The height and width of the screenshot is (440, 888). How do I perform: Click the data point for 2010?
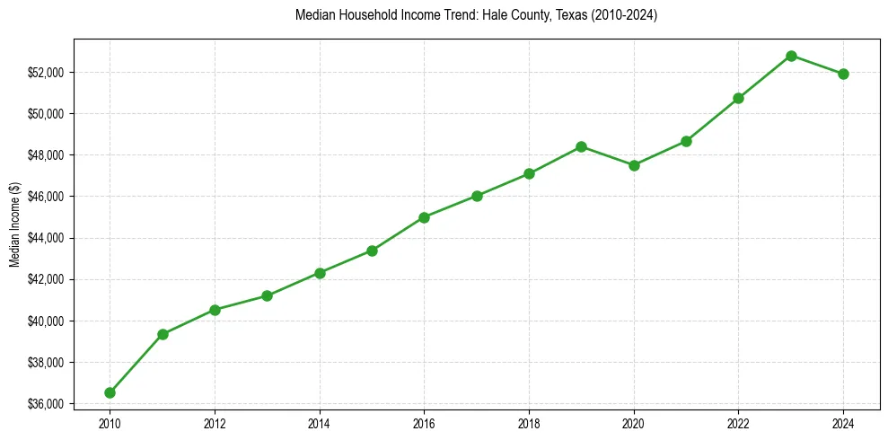click(110, 392)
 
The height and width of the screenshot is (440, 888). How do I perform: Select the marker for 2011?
click(163, 334)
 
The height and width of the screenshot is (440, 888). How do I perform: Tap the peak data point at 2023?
click(791, 56)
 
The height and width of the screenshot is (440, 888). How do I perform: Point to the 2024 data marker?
click(843, 74)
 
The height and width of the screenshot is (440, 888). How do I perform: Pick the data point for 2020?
click(634, 165)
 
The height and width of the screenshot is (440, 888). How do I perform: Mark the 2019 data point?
click(582, 146)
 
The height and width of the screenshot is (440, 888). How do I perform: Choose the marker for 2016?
click(424, 217)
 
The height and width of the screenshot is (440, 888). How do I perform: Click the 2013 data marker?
click(267, 295)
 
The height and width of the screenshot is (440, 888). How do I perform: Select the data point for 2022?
click(738, 98)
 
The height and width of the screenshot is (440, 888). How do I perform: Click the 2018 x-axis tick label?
click(529, 423)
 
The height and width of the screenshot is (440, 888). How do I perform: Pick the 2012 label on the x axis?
click(215, 423)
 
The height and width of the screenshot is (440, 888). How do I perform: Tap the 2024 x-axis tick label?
click(843, 423)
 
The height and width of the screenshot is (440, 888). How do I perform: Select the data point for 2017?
click(477, 196)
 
